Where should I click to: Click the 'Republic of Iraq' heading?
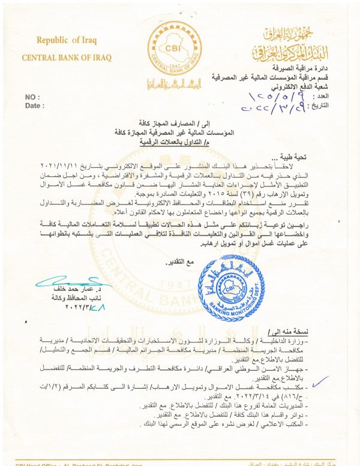(66, 41)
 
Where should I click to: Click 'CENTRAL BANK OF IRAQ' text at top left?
(67, 58)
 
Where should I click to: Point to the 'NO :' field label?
(32, 97)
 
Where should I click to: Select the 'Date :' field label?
(35, 106)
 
